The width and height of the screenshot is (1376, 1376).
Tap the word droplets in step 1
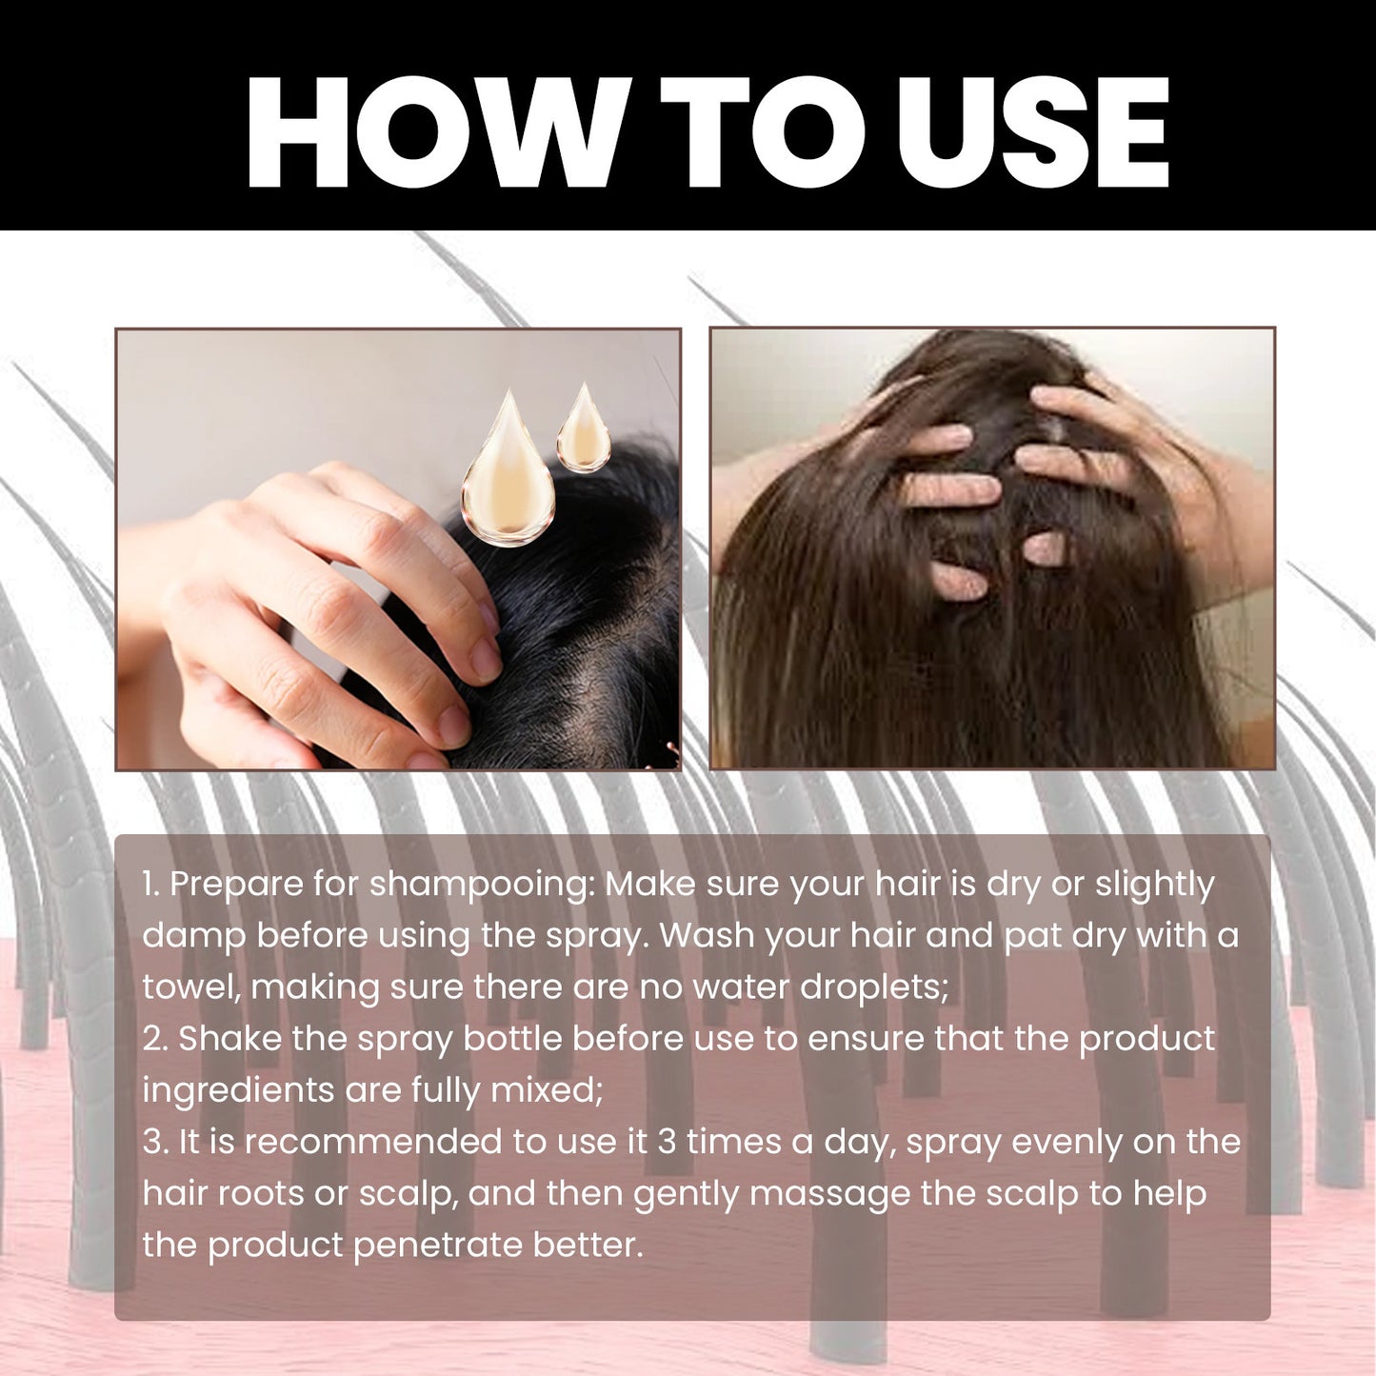(873, 988)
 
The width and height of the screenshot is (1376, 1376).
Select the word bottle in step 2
(512, 1038)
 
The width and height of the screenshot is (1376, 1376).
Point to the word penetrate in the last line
(437, 1246)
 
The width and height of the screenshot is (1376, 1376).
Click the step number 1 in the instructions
(150, 884)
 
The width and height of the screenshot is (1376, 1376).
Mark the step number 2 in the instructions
(153, 1038)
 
